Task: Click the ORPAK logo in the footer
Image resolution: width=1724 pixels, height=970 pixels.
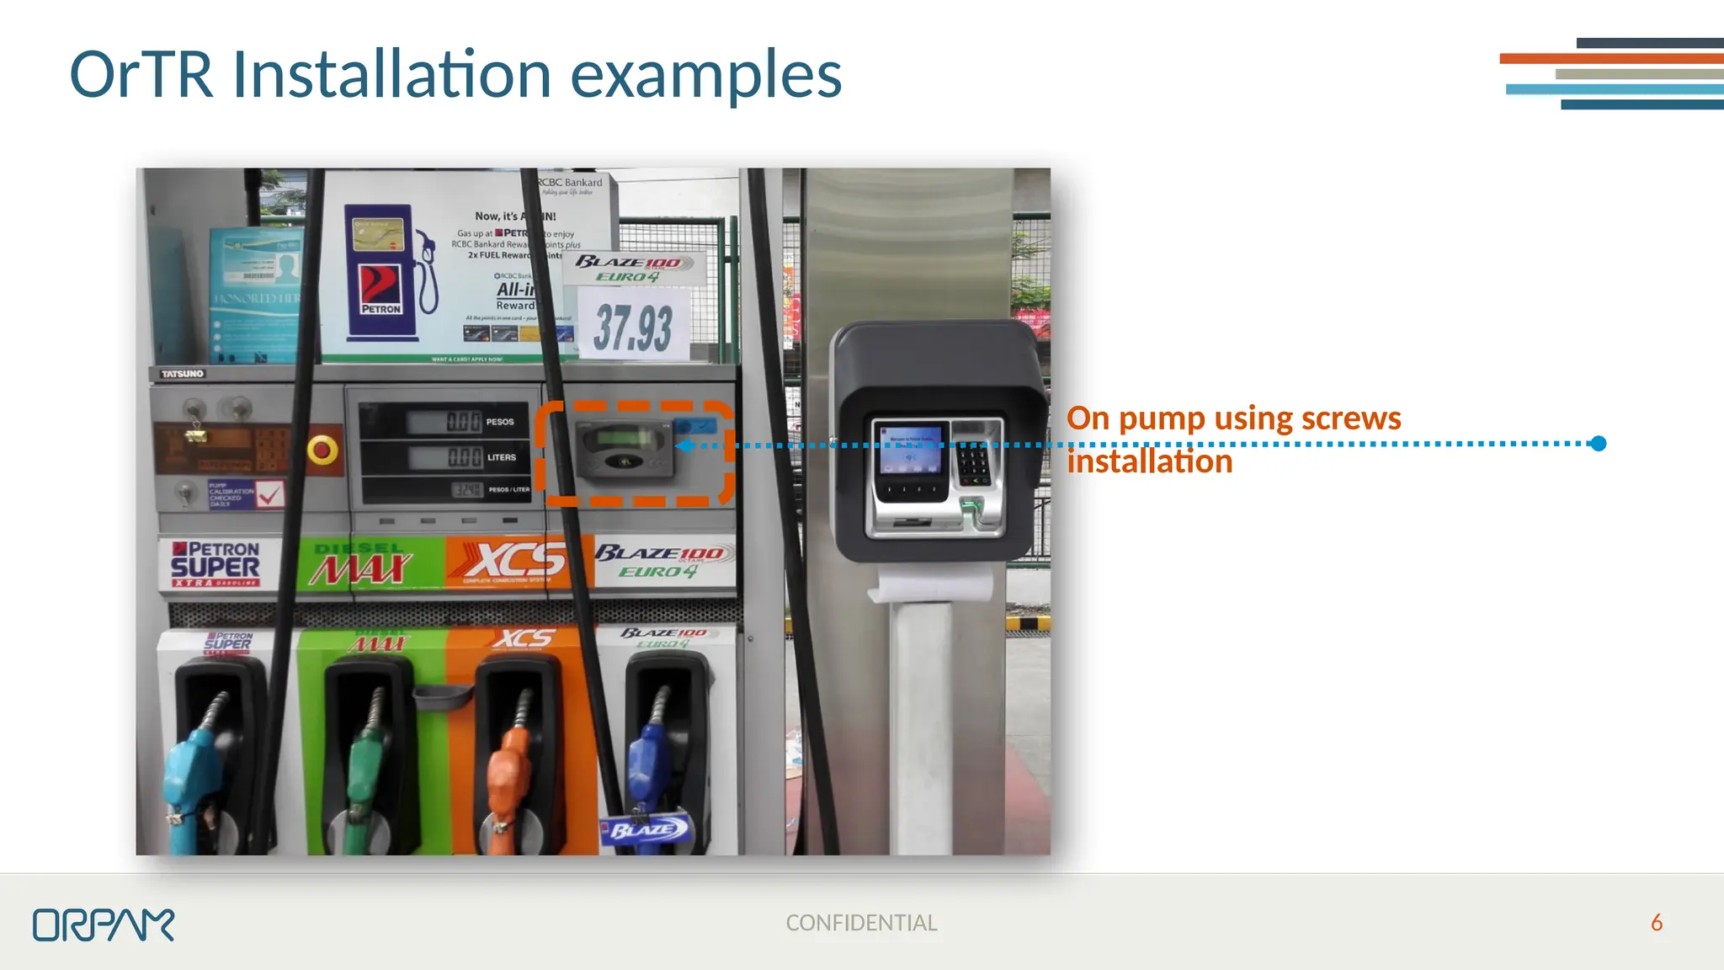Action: click(x=104, y=925)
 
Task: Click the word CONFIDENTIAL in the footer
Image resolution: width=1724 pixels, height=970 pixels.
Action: click(x=861, y=923)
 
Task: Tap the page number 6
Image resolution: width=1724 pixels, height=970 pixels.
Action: click(x=1656, y=923)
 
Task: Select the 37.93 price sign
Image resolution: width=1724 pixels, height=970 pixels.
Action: click(x=633, y=328)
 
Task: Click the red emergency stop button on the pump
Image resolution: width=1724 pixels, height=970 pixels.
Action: click(x=322, y=450)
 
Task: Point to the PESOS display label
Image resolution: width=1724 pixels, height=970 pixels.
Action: click(x=500, y=422)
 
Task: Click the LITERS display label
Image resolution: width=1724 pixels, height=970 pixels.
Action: click(x=502, y=457)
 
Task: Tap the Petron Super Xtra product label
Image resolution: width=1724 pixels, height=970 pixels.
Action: click(x=216, y=563)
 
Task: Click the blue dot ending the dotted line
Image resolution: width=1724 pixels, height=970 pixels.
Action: click(x=1599, y=444)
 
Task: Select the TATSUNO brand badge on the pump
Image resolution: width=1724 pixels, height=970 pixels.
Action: click(x=183, y=373)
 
